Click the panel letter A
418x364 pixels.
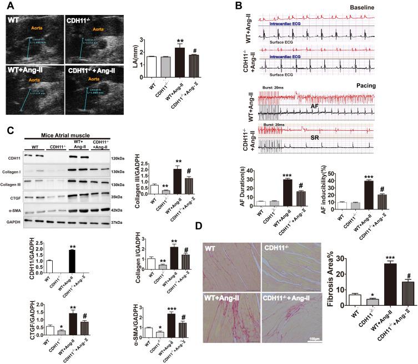point(9,6)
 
